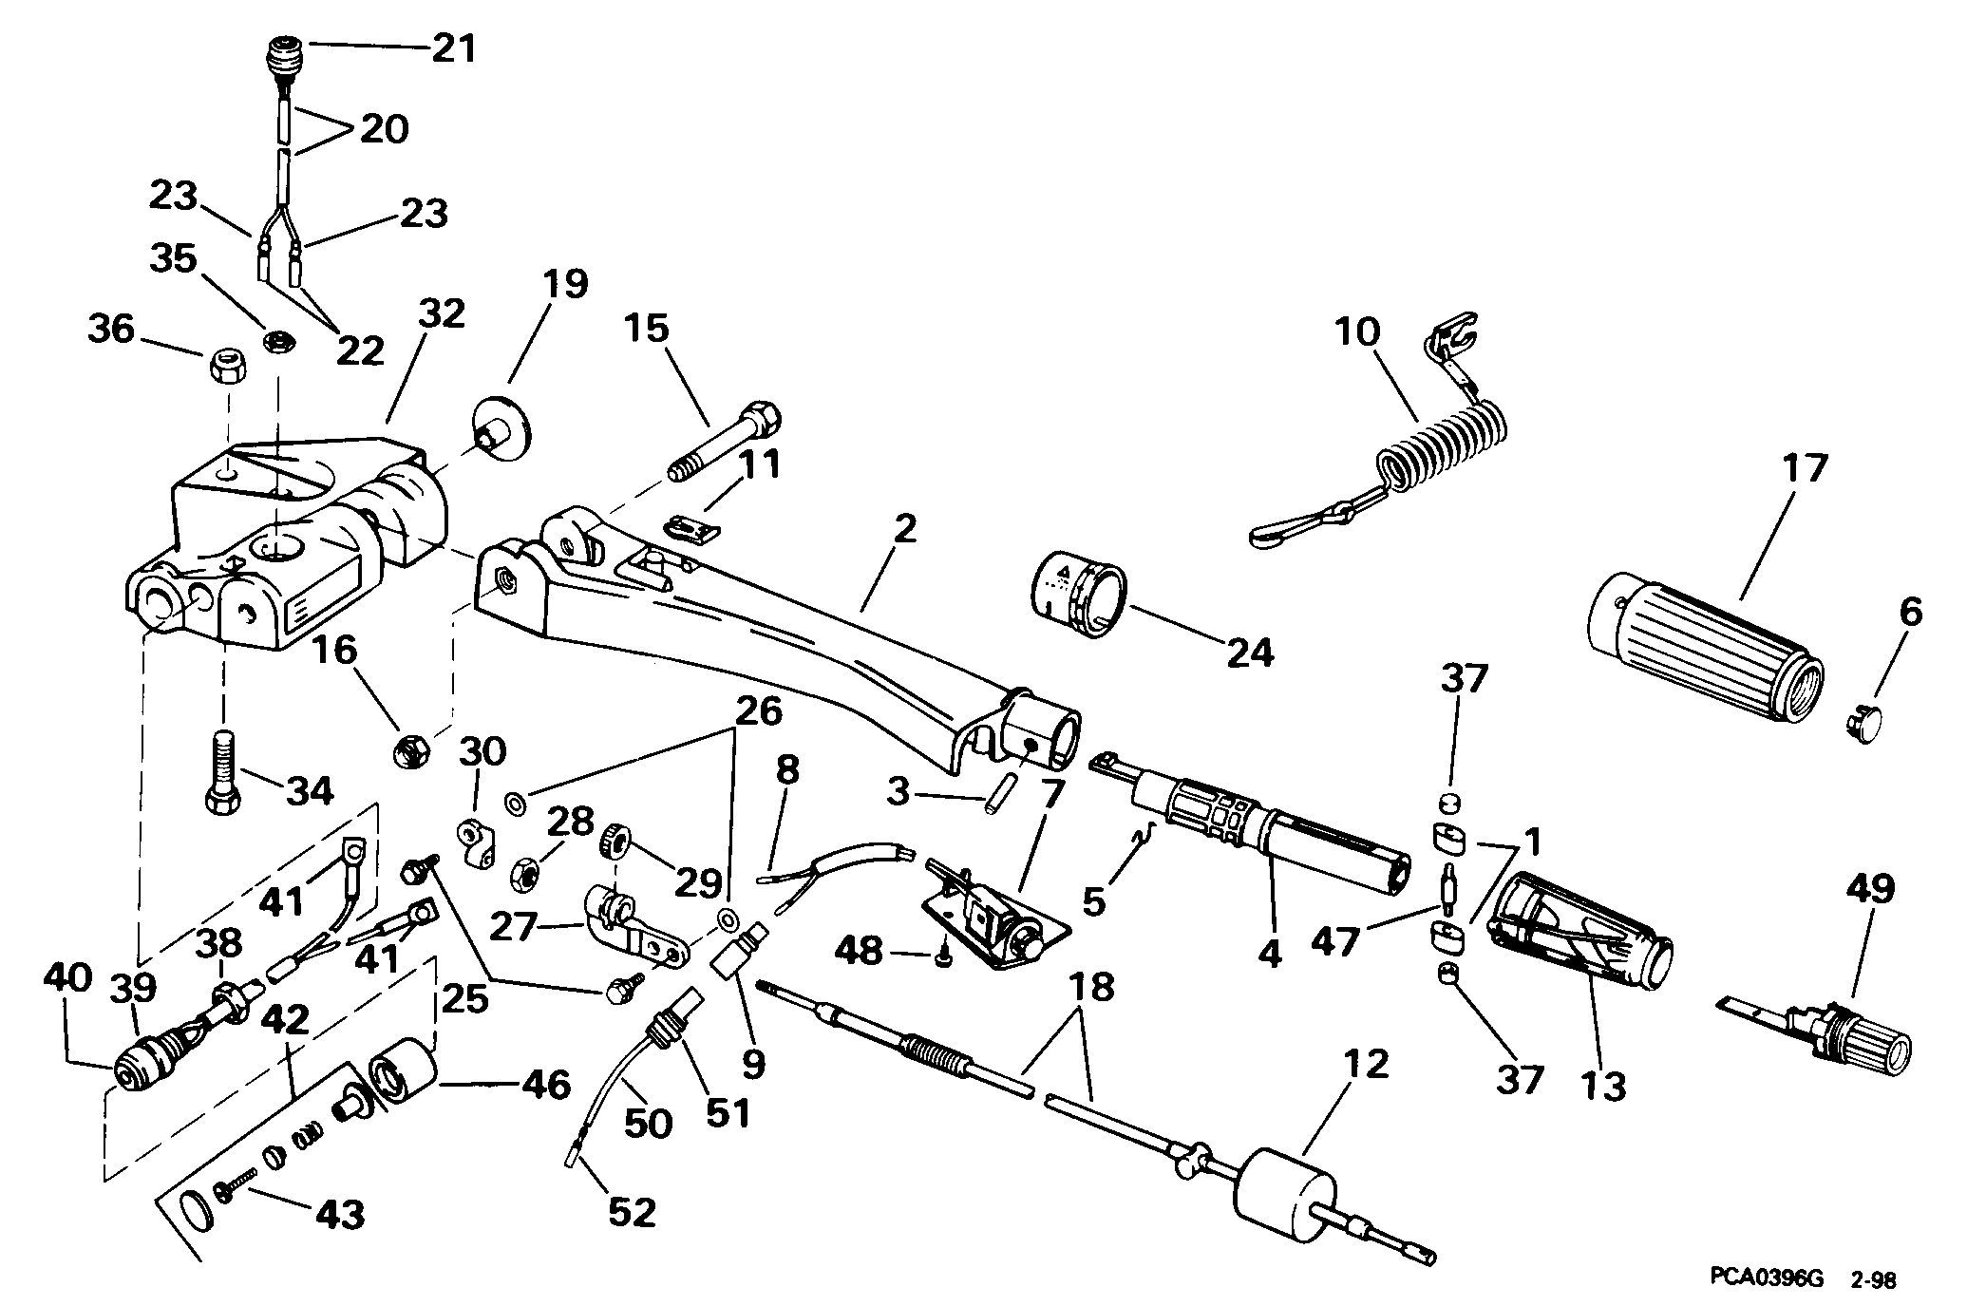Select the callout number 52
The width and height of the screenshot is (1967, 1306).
[x=631, y=1211]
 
